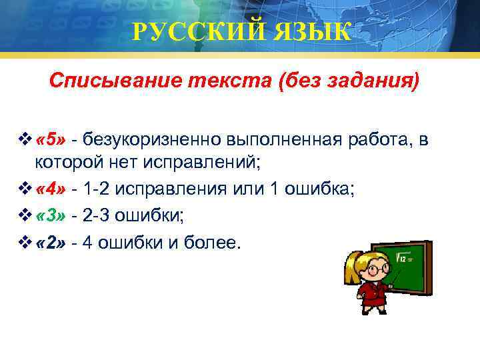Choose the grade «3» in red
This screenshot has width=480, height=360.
coord(50,216)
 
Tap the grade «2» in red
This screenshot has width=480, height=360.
coord(50,242)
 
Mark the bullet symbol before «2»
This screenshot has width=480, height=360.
coord(27,242)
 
